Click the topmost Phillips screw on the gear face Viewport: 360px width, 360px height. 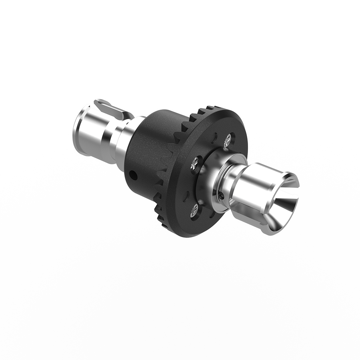click(227, 139)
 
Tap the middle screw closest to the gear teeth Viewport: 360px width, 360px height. click(195, 162)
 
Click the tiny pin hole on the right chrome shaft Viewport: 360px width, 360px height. click(221, 195)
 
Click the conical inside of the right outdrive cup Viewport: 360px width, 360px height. click(282, 208)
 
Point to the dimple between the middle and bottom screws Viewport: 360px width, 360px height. click(188, 196)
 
